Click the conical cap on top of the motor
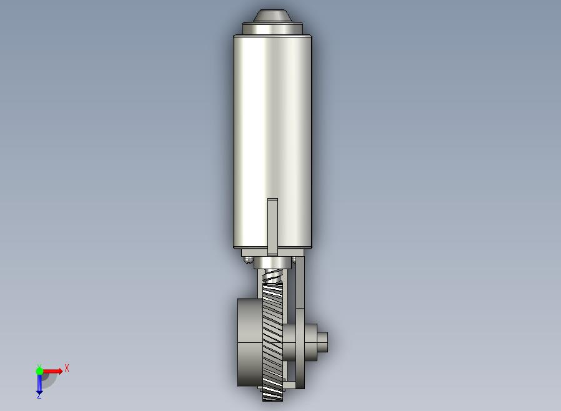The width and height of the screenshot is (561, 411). (x=272, y=16)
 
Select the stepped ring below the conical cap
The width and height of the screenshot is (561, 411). (x=272, y=29)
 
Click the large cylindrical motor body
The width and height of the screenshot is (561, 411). (x=272, y=142)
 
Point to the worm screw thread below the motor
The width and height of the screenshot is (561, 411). (x=273, y=276)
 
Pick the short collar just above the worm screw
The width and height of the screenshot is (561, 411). (x=272, y=263)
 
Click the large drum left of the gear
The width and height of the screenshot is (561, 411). (x=250, y=342)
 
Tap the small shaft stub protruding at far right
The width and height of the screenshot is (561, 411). (x=323, y=342)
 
